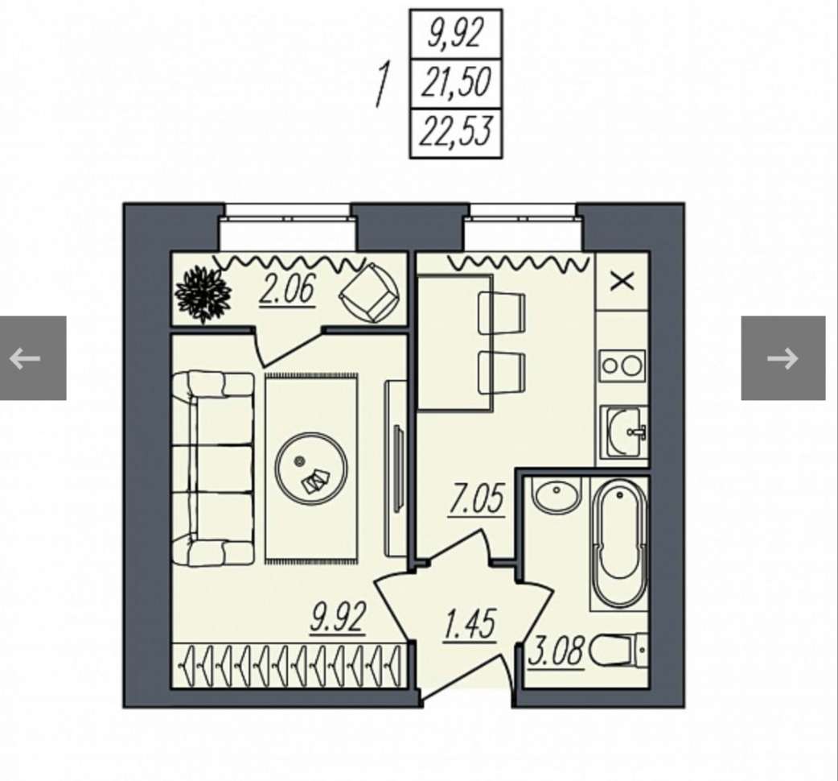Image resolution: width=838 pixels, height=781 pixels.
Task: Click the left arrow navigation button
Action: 33,357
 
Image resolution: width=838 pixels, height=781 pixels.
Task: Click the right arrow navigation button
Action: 783,357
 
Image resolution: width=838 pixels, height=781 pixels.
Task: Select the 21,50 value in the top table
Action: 455,84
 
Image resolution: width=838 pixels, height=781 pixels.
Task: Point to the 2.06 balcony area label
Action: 287,289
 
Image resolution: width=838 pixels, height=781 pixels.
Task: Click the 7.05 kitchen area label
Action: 477,500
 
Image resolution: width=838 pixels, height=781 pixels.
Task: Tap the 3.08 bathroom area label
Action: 556,651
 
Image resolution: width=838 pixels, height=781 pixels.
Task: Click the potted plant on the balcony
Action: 203,294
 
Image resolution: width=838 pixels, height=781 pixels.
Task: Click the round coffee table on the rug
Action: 311,469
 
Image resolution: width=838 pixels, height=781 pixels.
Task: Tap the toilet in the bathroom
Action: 619,651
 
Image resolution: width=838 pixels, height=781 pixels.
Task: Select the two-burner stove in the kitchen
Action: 622,366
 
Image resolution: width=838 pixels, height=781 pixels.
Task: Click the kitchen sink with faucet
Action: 624,432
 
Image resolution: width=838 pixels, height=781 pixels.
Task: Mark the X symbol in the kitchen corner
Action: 622,281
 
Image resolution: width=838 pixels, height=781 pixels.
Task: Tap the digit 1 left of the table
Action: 382,85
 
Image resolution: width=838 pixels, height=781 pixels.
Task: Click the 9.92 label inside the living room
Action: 338,618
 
